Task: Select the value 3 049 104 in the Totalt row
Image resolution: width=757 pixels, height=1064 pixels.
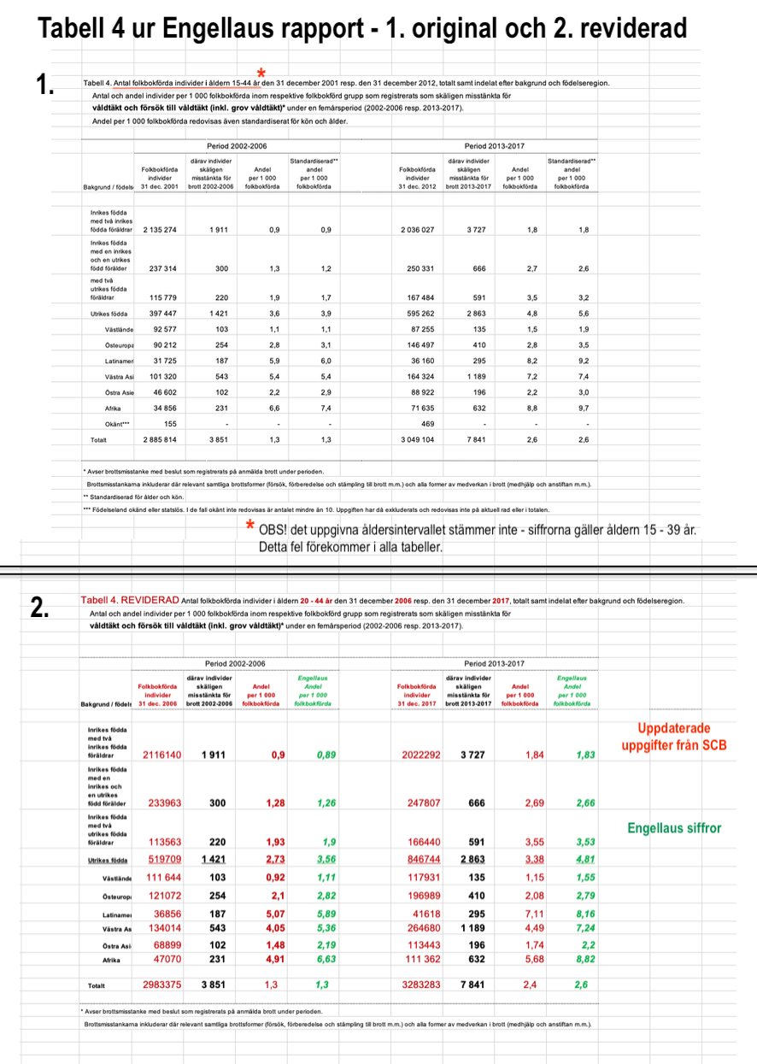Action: click(x=418, y=438)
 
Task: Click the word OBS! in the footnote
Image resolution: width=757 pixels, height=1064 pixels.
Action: click(x=275, y=530)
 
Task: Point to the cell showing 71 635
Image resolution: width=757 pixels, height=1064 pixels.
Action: click(x=418, y=408)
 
